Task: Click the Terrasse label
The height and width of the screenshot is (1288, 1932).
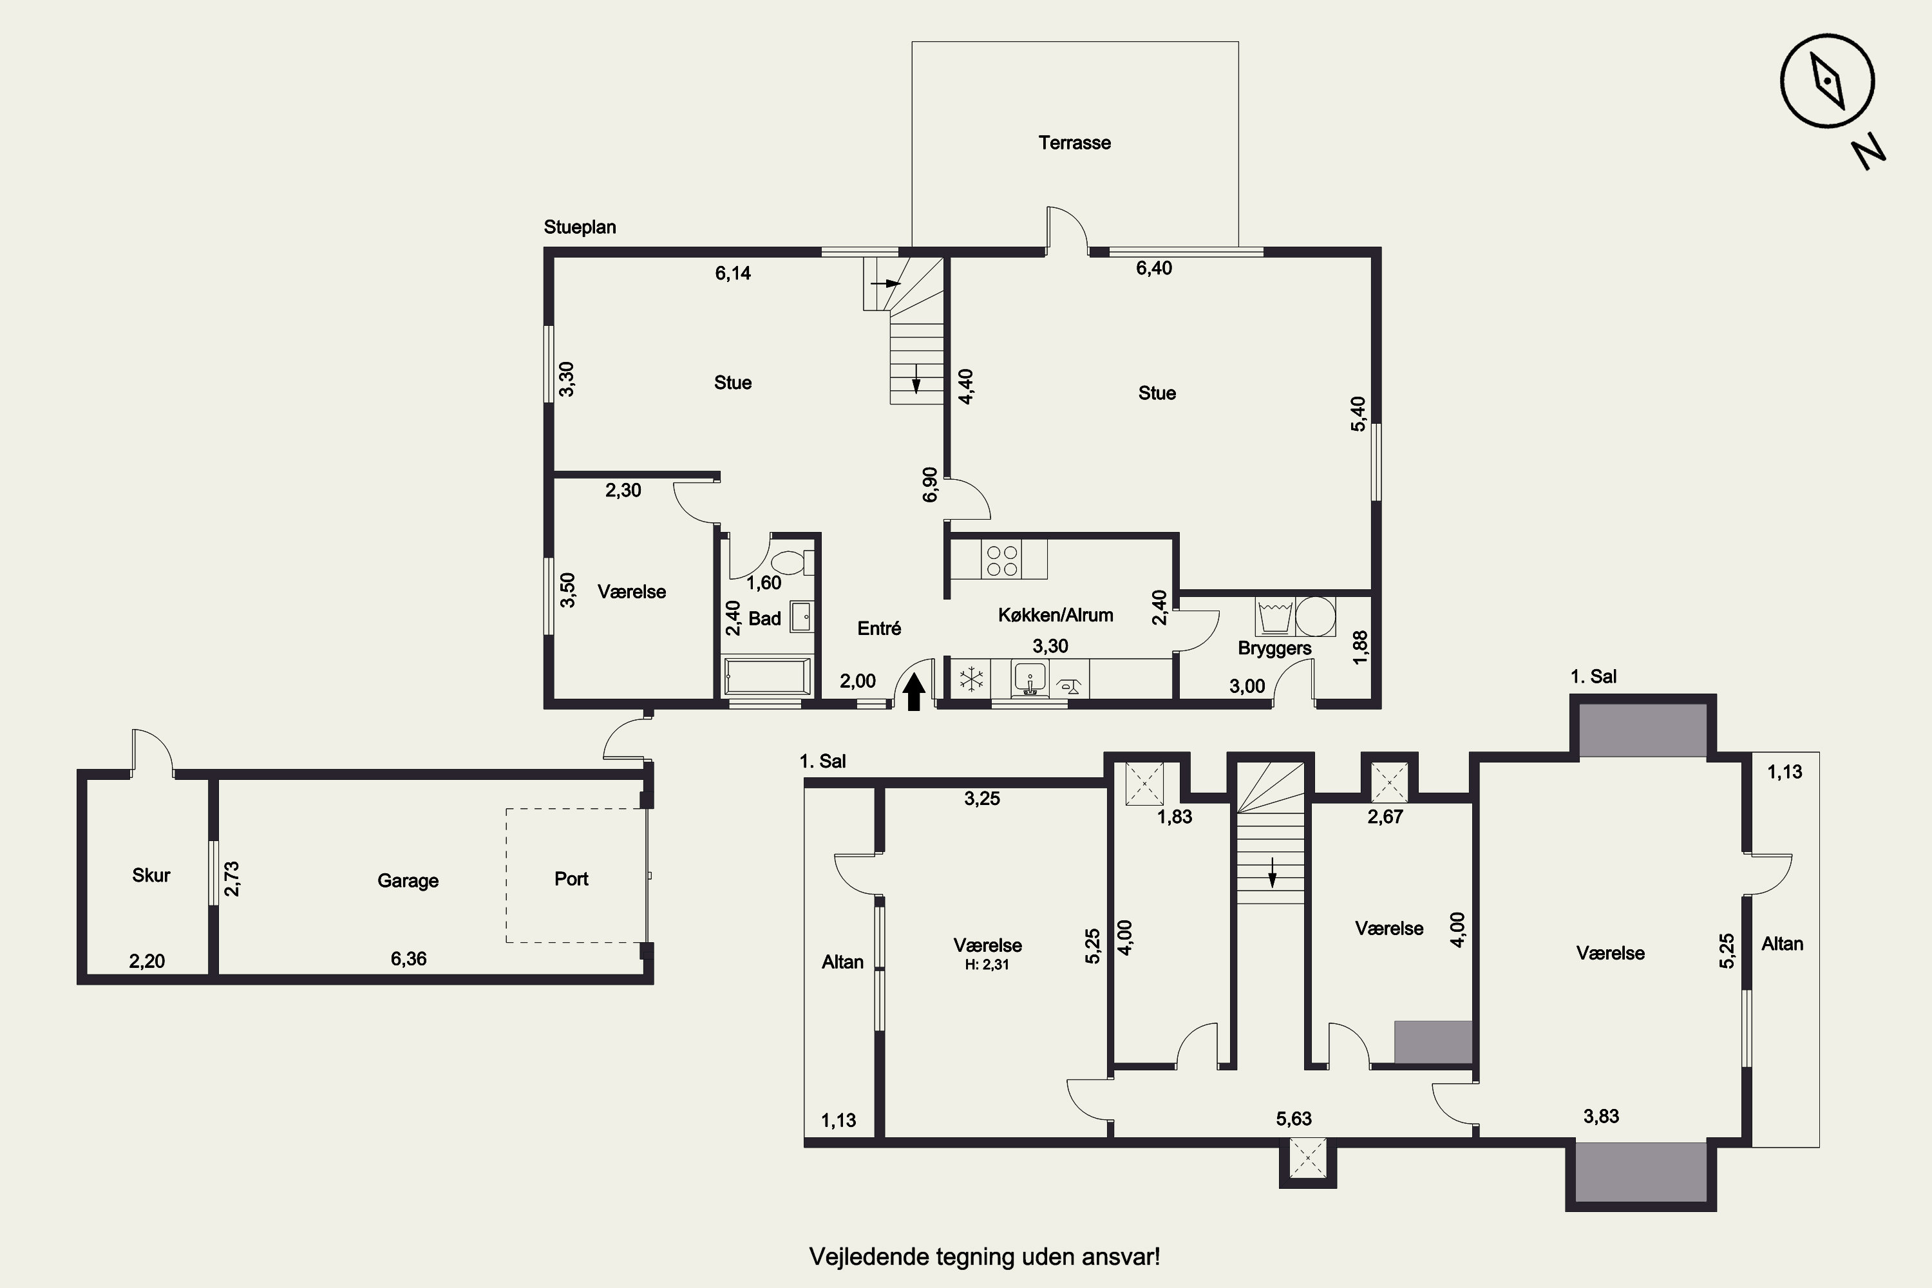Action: click(1074, 143)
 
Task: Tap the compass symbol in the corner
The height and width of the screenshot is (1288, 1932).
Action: click(1827, 81)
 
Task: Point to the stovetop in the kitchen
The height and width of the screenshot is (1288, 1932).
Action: click(1001, 561)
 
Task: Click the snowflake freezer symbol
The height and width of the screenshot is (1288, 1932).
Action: click(972, 679)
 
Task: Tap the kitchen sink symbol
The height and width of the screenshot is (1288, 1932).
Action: click(1030, 679)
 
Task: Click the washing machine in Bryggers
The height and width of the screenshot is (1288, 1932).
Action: click(1275, 616)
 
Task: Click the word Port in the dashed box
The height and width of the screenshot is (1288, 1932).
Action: click(572, 879)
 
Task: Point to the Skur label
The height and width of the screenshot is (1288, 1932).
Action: click(151, 876)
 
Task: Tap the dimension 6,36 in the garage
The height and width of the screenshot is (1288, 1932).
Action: click(408, 959)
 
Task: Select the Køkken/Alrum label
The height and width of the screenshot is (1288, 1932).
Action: click(1056, 615)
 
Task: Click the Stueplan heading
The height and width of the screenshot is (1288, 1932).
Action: click(580, 227)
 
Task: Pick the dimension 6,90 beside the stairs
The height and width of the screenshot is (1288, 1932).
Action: click(930, 485)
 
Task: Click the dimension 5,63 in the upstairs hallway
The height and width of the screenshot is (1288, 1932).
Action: click(1294, 1119)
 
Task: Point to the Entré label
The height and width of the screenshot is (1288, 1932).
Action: click(879, 629)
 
